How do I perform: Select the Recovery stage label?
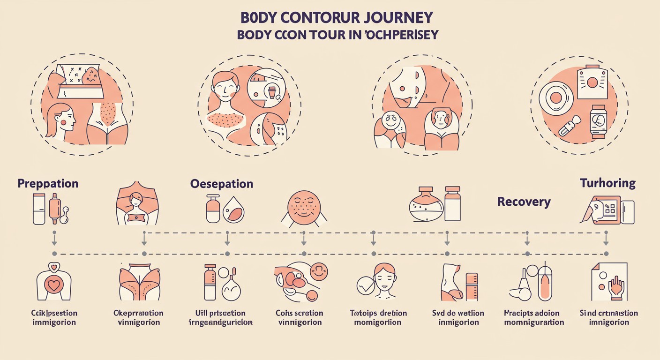(524, 202)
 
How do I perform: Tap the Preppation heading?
(48, 183)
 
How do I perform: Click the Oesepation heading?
(222, 183)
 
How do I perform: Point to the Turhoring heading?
(607, 183)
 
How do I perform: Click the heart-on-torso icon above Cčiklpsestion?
(54, 283)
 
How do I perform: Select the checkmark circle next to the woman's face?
(366, 285)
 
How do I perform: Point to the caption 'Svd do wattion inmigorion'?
(458, 317)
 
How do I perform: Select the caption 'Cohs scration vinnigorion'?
(300, 317)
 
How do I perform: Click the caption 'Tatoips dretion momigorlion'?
(378, 317)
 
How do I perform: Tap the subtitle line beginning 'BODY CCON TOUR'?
(337, 35)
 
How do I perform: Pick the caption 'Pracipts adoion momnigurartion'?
(534, 317)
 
